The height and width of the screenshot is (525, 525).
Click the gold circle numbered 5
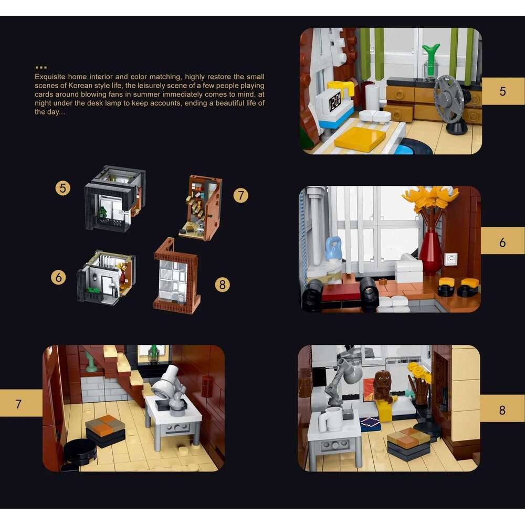(62, 188)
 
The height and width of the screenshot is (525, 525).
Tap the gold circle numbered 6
(59, 277)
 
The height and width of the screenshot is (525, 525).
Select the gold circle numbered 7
(241, 195)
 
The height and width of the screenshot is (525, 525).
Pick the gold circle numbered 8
(222, 285)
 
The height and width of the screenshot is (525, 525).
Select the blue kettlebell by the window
(333, 248)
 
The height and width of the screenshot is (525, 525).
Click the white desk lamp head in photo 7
(165, 382)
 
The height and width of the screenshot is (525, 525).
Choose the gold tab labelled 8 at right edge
(502, 408)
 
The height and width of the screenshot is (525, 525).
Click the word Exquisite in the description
(50, 77)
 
